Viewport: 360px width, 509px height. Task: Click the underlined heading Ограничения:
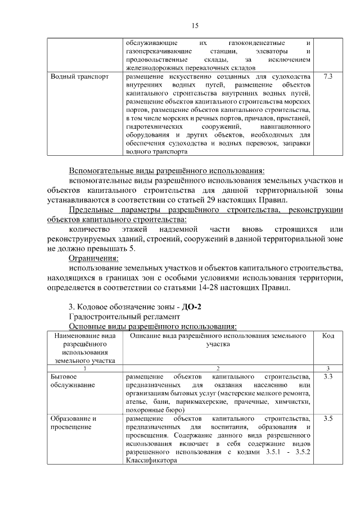click(x=93, y=258)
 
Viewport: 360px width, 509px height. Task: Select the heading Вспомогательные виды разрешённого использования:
click(x=166, y=170)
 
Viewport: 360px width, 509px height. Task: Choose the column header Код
click(x=328, y=335)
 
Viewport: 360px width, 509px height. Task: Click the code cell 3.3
click(x=328, y=376)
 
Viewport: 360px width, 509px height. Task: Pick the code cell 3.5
click(x=328, y=419)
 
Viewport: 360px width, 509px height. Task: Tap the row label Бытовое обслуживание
click(x=73, y=380)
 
